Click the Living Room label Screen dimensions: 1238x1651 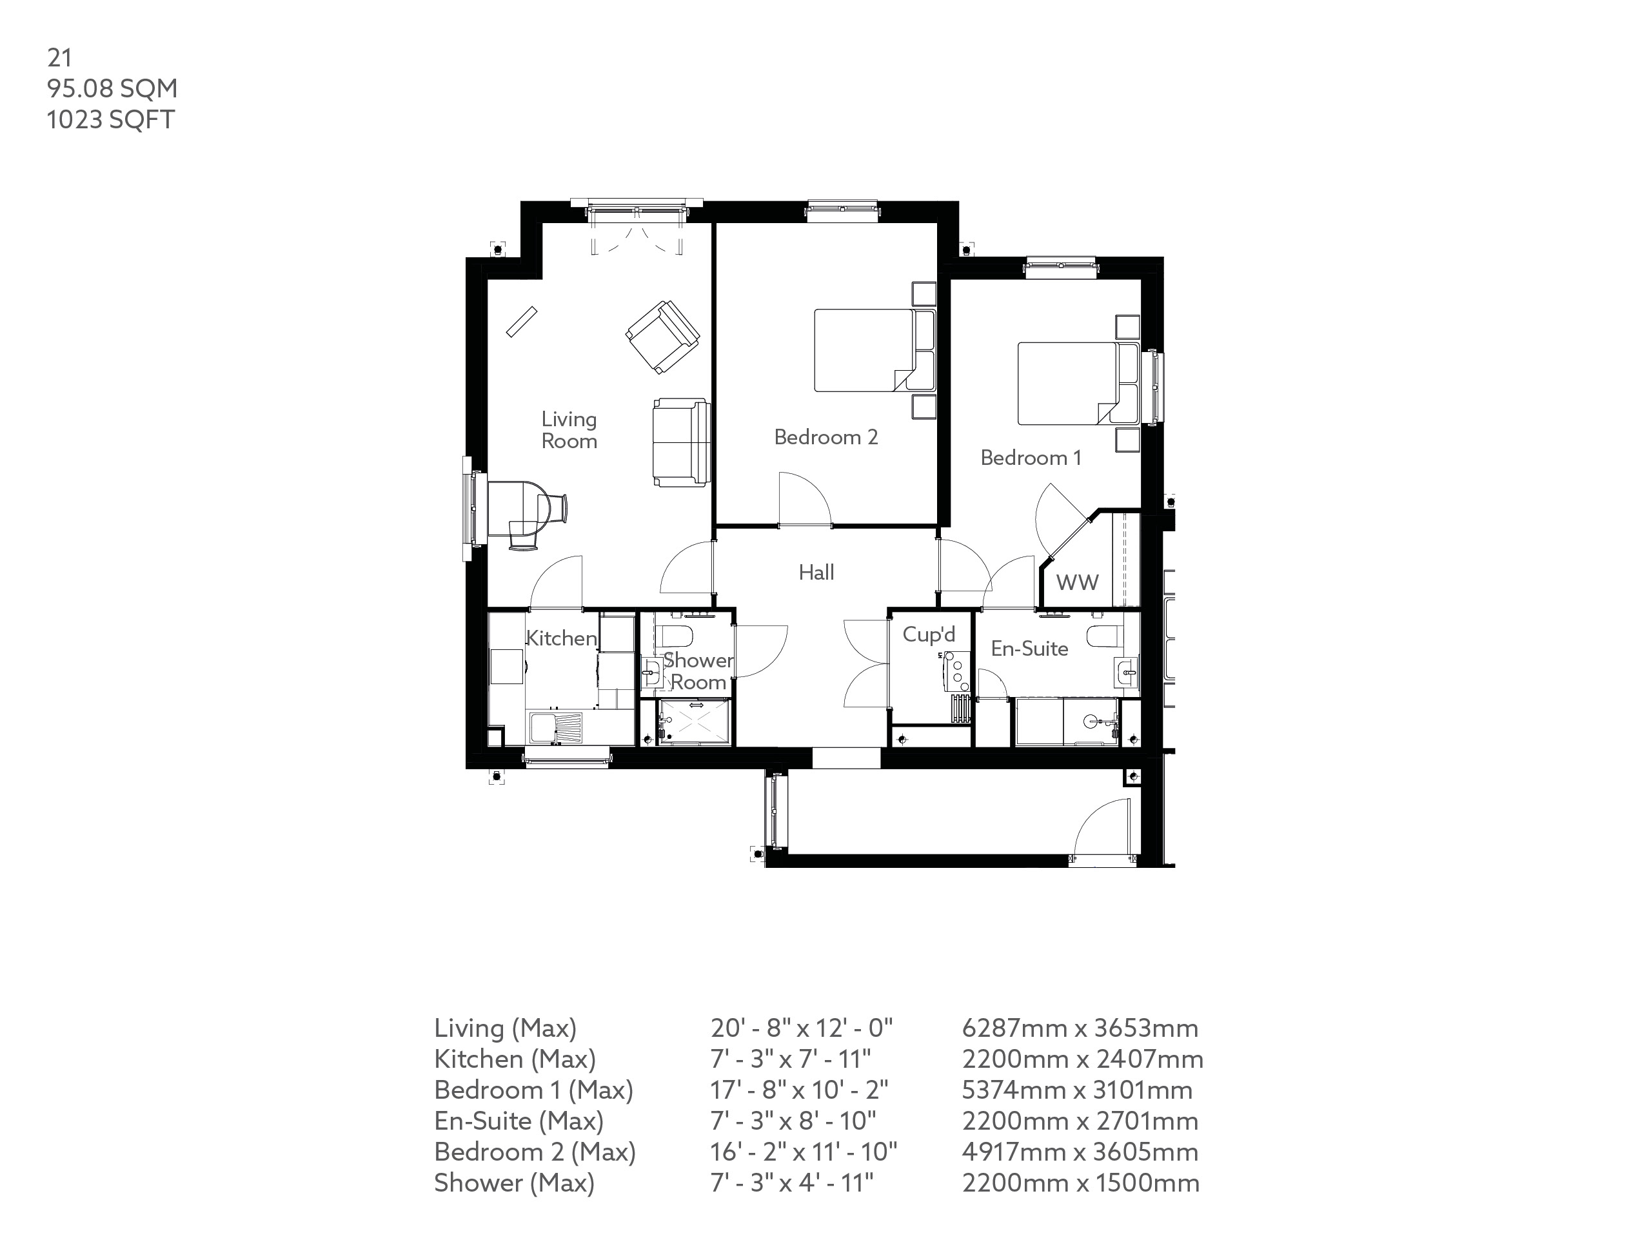569,430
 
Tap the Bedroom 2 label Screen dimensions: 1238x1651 825,437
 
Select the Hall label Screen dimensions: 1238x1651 816,573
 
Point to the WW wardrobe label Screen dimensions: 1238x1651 1077,583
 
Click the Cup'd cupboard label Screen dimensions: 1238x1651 929,634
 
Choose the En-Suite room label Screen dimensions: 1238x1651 1029,649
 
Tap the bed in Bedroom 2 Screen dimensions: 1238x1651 865,351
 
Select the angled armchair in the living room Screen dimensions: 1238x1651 663,337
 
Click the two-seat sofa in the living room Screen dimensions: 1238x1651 680,442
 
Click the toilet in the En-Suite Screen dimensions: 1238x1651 1105,636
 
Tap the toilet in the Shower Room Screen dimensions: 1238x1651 678,636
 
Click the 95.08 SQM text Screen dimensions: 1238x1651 112,89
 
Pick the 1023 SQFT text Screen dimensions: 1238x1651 110,120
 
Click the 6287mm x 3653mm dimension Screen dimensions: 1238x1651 1079,1028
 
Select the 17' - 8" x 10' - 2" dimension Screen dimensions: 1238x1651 798,1090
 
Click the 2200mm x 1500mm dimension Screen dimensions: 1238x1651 1080,1183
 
